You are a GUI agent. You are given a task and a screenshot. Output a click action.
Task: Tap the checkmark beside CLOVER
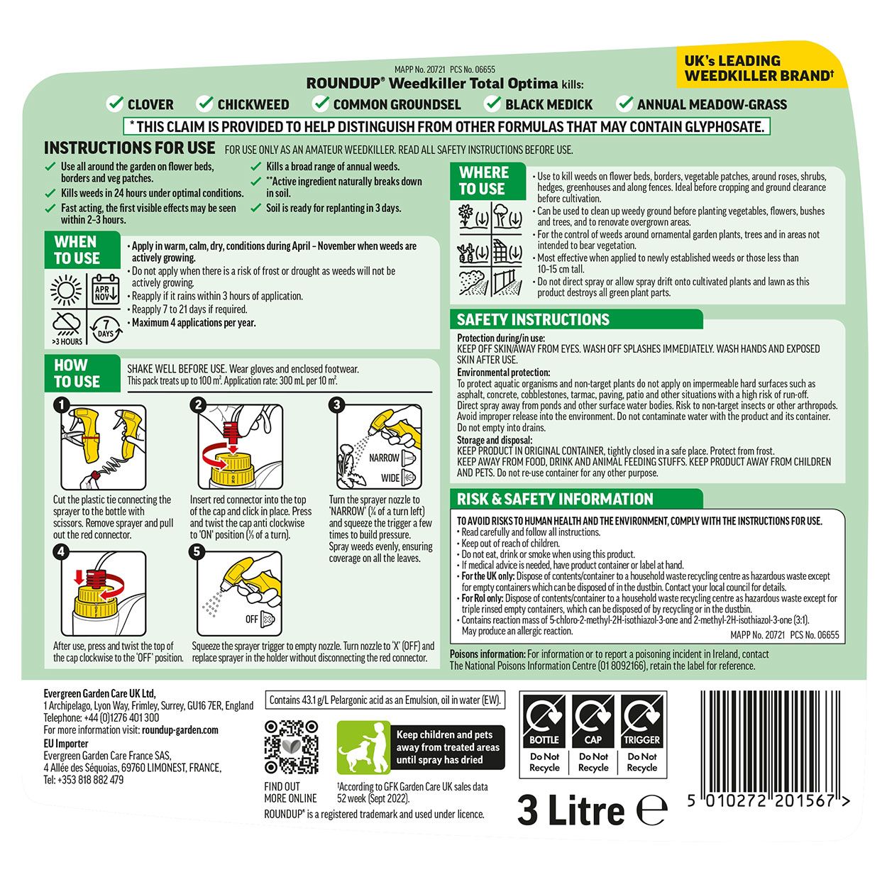pos(115,104)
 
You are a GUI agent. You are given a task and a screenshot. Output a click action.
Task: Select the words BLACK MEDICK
pos(549,104)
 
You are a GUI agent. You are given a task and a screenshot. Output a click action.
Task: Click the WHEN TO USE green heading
pos(77,250)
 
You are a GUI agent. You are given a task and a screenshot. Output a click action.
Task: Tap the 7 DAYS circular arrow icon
pos(104,328)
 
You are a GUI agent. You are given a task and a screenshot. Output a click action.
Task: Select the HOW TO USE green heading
pos(77,373)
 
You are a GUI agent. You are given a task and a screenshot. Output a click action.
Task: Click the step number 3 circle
pos(337,404)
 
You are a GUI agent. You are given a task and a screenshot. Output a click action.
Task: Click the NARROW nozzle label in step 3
pos(384,458)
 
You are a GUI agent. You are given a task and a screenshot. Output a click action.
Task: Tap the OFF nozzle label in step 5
pos(252,619)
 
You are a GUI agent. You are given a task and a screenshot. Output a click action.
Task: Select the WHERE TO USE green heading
pos(484,181)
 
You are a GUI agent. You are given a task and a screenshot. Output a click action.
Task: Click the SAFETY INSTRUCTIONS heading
pos(533,319)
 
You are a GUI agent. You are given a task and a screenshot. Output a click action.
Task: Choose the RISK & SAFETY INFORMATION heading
pos(555,499)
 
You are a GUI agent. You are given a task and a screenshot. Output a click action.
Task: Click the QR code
pos(291,746)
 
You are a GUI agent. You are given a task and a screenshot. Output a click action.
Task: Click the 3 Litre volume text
pos(571,810)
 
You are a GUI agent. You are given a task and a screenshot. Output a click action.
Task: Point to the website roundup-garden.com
pos(180,729)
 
